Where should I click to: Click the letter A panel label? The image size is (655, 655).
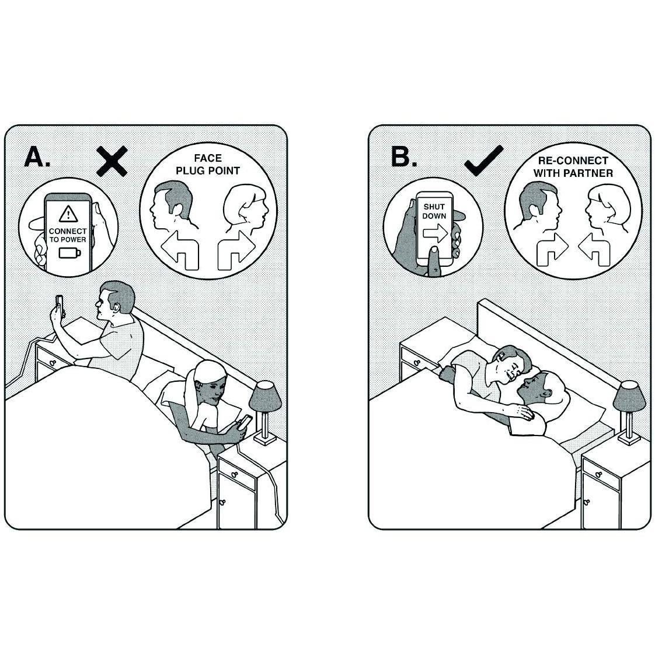37,158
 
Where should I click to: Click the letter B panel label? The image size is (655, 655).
403,157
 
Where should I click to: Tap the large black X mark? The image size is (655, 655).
112,161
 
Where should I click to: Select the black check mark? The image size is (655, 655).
484,161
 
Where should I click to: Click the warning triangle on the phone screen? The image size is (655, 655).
68,214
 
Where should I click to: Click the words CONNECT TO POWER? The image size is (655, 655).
68,235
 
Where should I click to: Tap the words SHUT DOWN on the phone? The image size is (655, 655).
434,211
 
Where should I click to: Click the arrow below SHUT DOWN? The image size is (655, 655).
435,233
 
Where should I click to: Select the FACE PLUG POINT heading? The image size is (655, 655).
208,165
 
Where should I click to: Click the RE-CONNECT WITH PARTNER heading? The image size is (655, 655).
573,167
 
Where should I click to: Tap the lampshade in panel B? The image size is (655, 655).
629,395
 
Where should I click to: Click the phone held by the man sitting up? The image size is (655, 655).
60,305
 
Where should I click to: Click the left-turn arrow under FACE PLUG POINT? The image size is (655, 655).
180,250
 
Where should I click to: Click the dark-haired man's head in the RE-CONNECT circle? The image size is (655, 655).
538,205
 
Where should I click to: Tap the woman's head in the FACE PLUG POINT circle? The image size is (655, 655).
245,207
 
